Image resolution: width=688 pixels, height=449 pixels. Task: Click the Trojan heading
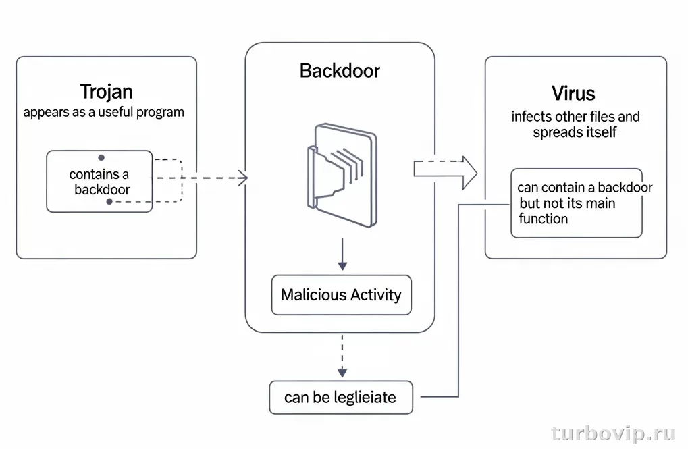106,91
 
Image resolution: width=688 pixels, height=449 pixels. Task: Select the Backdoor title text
340,71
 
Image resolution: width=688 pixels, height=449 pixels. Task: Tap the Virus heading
573,93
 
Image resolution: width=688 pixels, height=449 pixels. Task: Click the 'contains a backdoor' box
99,182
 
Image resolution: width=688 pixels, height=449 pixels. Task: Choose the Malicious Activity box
341,295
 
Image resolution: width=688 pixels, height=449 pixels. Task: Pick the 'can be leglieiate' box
340,398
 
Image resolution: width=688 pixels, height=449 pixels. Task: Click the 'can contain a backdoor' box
576,203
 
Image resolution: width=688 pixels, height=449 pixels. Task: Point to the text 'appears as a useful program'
103,112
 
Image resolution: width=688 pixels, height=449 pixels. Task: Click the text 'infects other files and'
575,116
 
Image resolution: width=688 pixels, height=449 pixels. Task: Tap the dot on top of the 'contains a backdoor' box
101,157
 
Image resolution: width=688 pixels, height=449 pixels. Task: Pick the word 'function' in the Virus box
543,219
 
